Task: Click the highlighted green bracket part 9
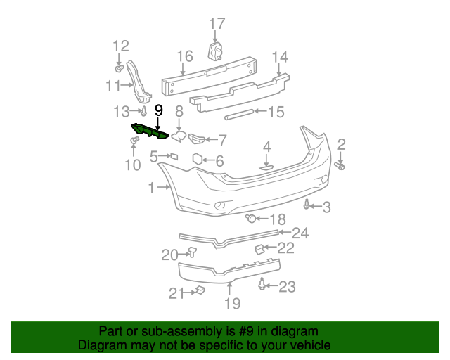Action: click(x=148, y=132)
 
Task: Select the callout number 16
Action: click(x=184, y=56)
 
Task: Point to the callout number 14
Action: click(x=280, y=56)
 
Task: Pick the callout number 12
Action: click(x=121, y=46)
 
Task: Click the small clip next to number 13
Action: click(x=143, y=111)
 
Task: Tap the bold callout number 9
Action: click(x=158, y=110)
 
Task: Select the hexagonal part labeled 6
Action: click(x=198, y=159)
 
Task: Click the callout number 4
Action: click(x=267, y=146)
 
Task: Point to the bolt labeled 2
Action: click(x=340, y=166)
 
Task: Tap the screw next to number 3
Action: click(x=307, y=205)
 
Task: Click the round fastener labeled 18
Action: click(x=250, y=219)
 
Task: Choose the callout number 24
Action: click(x=300, y=233)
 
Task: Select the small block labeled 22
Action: click(x=259, y=248)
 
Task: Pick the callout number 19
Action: click(x=232, y=303)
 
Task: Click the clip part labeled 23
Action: click(x=263, y=285)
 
